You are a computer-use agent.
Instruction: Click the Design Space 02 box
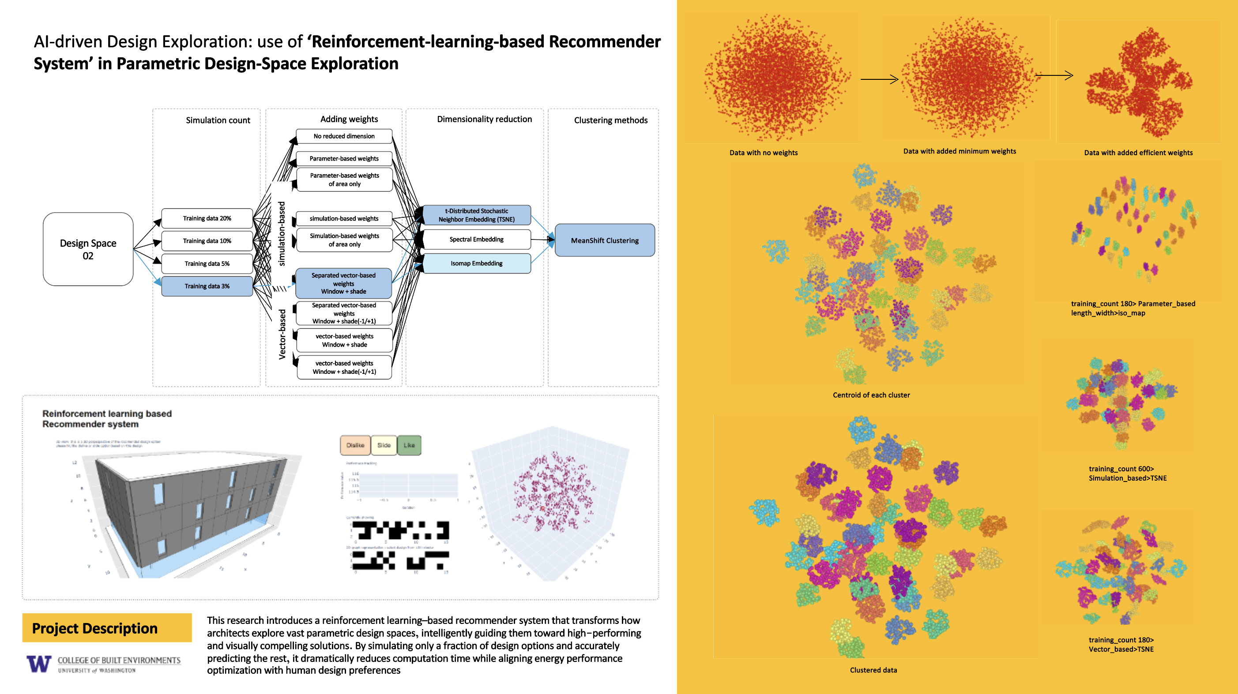point(88,249)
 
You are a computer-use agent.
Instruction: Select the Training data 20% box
point(207,219)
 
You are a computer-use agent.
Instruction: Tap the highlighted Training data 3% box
point(207,286)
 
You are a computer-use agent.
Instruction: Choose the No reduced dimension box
point(344,136)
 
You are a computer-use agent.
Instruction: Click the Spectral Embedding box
point(476,239)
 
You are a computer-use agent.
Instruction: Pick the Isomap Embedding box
point(476,263)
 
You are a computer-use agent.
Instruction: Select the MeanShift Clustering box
point(605,241)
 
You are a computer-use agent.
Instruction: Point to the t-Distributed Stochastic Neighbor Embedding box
point(476,215)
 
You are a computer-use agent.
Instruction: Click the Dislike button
point(355,445)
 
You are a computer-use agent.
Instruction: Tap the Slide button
point(384,445)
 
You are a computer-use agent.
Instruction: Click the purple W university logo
point(39,664)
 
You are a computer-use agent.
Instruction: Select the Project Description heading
point(95,628)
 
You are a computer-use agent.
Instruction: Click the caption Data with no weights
point(763,153)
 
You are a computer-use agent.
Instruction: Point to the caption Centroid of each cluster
point(871,395)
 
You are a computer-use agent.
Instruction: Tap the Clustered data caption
point(873,670)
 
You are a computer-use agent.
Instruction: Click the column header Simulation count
point(218,120)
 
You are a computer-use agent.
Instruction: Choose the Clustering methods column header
point(610,120)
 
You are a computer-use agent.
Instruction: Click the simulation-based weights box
point(344,219)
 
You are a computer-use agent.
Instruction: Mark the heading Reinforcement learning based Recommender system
point(107,419)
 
